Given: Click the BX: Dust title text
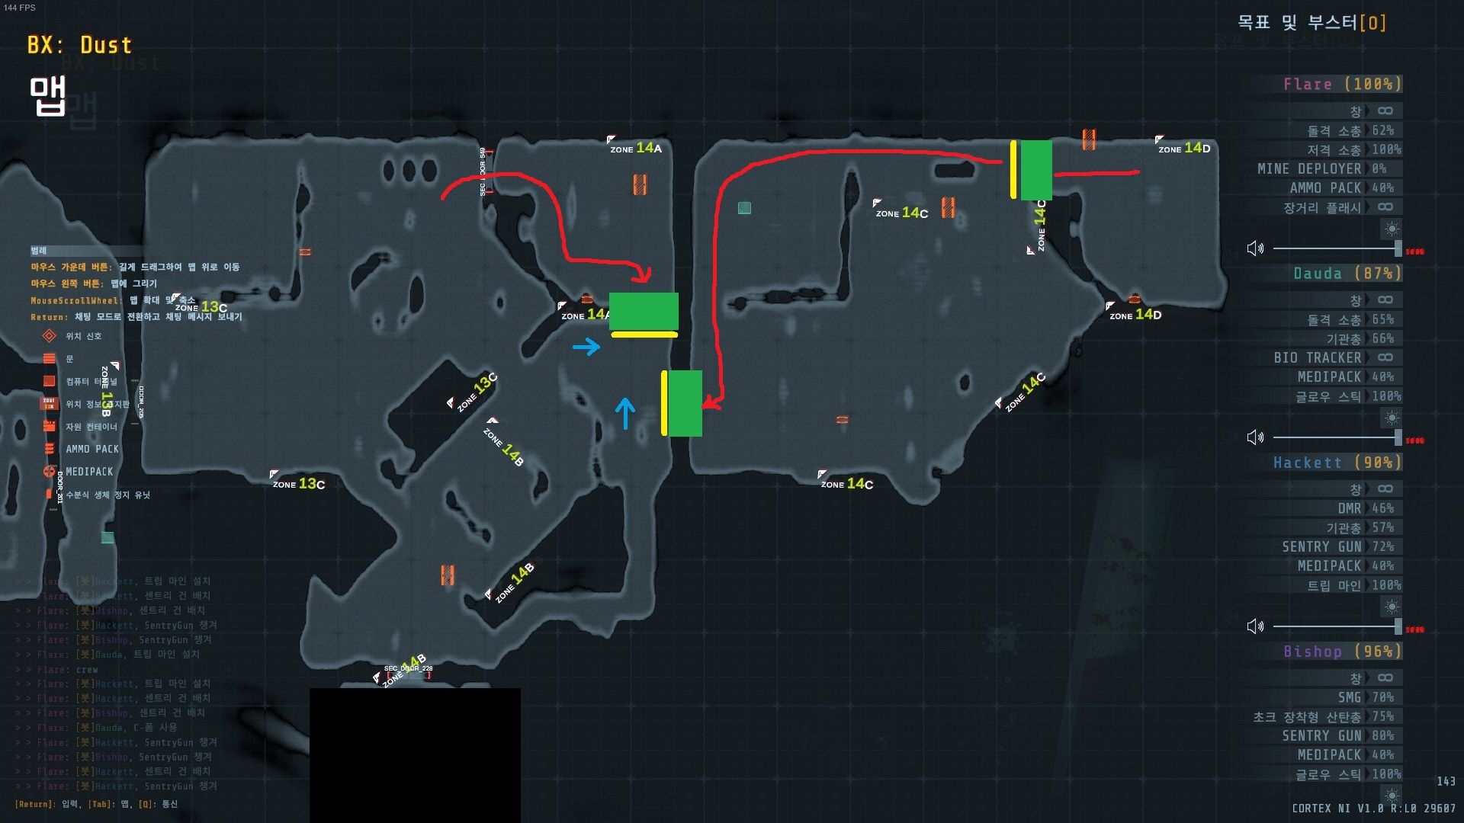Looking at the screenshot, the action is click(x=79, y=45).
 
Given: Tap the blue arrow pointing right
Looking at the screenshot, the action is click(x=586, y=347).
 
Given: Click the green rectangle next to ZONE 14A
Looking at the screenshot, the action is click(x=644, y=311).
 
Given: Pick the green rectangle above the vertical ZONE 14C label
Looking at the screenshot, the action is click(x=1035, y=169).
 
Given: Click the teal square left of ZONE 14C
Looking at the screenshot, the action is click(x=744, y=207).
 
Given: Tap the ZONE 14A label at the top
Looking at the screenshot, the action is click(x=636, y=148).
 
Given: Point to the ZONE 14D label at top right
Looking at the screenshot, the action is click(x=1184, y=148).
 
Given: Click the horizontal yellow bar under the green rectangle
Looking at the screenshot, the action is click(x=644, y=335).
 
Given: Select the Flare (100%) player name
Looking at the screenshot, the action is click(x=1341, y=84).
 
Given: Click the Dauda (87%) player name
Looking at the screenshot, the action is click(x=1347, y=274).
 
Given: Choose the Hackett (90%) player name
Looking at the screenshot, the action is click(x=1337, y=463).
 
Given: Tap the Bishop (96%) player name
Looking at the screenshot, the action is click(x=1342, y=652).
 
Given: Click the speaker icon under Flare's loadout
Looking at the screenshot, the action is click(x=1255, y=248).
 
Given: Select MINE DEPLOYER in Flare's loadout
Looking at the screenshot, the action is click(x=1309, y=168).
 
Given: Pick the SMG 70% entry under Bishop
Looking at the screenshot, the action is click(x=1366, y=697).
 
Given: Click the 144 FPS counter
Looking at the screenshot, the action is click(x=20, y=8).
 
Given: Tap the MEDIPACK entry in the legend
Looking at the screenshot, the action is click(x=88, y=472).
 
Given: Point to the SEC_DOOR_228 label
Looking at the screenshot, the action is click(x=408, y=669).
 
